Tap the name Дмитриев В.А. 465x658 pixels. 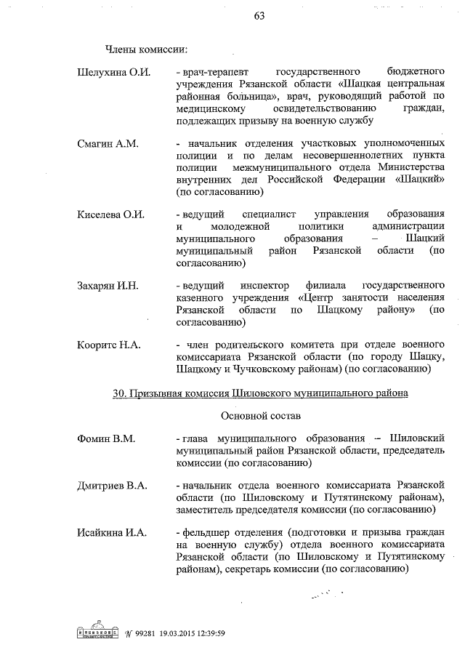click(x=112, y=485)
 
